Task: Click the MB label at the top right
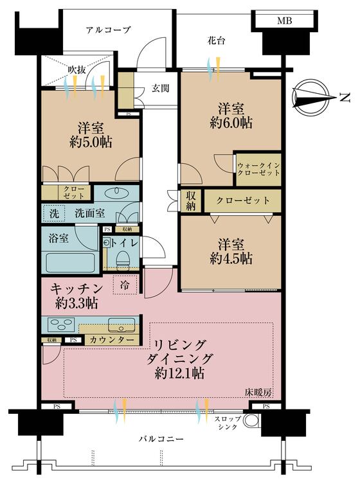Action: pyautogui.click(x=284, y=21)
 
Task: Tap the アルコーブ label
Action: pyautogui.click(x=109, y=30)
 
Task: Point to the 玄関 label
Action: pyautogui.click(x=161, y=89)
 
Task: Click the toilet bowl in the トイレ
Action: pyautogui.click(x=122, y=258)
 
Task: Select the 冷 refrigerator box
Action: pyautogui.click(x=123, y=285)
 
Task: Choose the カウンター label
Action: pyautogui.click(x=113, y=339)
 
